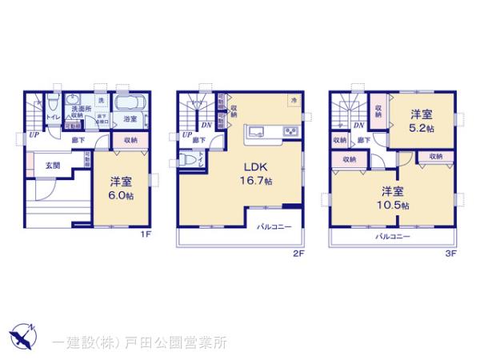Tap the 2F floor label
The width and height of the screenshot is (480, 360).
(298, 254)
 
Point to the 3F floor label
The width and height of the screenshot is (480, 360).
(450, 254)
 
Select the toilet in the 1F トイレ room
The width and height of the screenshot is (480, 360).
(51, 104)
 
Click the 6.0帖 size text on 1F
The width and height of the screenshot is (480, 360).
(121, 194)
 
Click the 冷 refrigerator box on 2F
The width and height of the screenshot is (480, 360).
(294, 100)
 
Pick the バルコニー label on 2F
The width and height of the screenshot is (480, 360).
(274, 226)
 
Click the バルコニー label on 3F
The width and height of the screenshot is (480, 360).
(393, 237)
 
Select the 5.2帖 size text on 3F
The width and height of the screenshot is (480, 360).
(422, 128)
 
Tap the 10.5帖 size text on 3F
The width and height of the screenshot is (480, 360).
(394, 205)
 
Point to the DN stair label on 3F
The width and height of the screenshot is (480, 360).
(358, 125)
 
